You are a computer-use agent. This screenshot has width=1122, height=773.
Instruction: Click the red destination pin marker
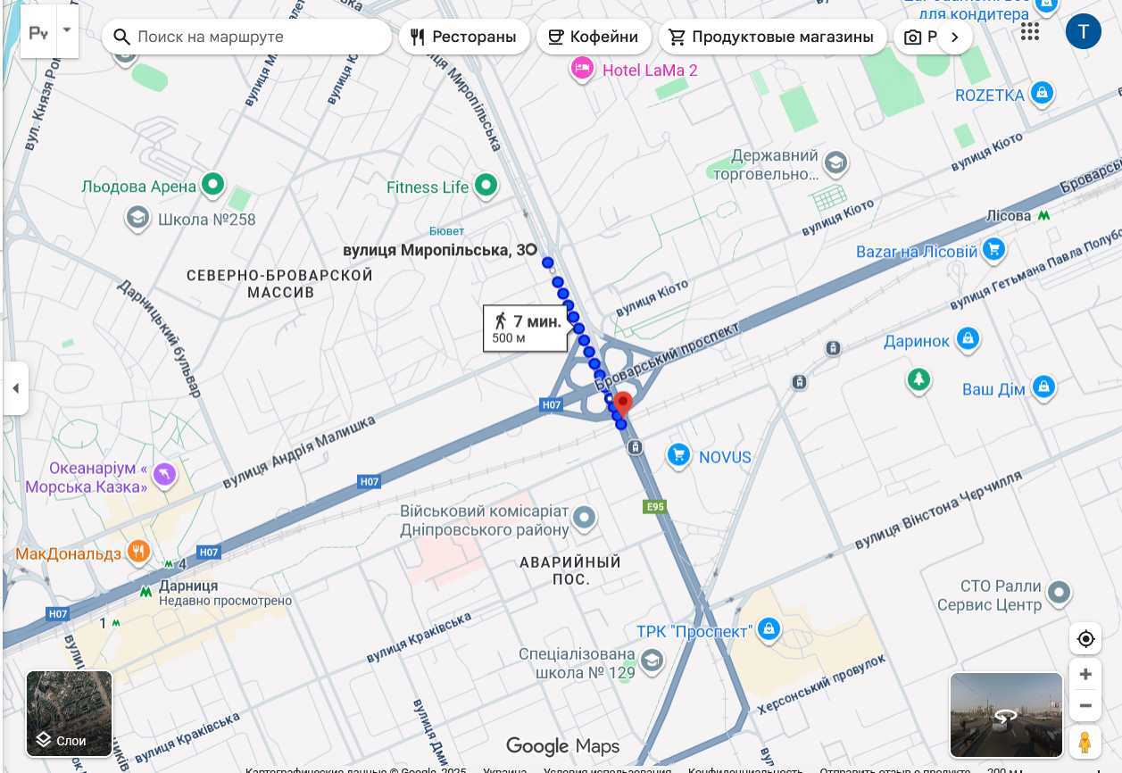coord(623,403)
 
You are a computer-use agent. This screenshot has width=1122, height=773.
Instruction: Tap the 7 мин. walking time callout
coord(527,328)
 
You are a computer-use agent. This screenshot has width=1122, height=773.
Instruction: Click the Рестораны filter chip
coord(464,37)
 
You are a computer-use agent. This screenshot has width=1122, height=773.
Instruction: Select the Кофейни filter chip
coord(594,37)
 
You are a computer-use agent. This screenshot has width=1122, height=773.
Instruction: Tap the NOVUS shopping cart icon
coord(679,456)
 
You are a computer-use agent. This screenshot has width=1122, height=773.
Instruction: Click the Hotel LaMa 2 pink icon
coord(582,68)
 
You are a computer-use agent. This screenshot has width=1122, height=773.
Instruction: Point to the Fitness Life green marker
coord(486,186)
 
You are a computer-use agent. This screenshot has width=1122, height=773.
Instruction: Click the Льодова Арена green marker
coord(212,185)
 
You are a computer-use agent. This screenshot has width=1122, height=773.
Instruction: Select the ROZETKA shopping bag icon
coord(1042,93)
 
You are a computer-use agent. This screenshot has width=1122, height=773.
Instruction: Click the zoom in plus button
coord(1085,674)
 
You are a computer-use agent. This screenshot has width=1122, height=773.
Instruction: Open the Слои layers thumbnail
coord(70,713)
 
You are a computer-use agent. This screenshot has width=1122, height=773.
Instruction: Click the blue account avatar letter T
coord(1083,32)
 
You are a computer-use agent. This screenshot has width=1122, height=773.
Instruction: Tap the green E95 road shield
coord(654,506)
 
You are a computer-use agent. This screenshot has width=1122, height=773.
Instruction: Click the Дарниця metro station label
coord(187,586)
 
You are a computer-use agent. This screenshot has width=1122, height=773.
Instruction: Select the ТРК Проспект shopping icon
coord(769,629)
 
